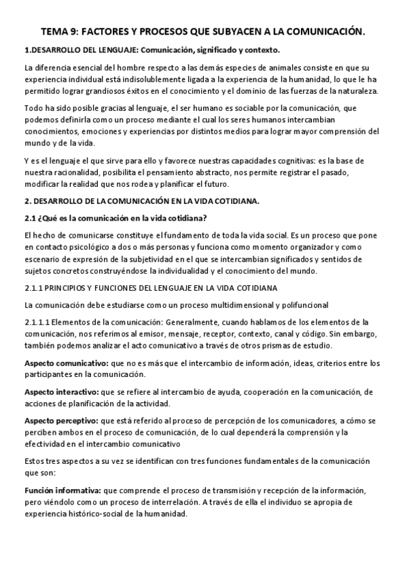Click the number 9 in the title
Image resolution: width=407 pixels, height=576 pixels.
[x=77, y=32]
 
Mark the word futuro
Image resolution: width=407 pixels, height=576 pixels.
[x=216, y=184]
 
